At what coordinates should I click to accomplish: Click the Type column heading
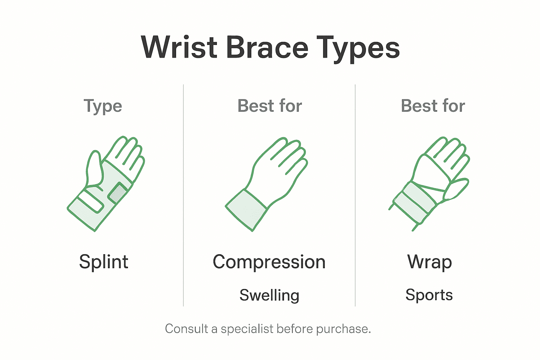pyautogui.click(x=103, y=106)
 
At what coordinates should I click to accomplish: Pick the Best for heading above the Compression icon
pyautogui.click(x=270, y=106)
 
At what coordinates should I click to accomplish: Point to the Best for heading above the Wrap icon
pyautogui.click(x=433, y=106)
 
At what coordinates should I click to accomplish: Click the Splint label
pyautogui.click(x=104, y=262)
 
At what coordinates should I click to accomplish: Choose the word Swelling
pyautogui.click(x=269, y=295)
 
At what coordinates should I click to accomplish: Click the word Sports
pyautogui.click(x=429, y=295)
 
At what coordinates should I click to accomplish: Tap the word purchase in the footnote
pyautogui.click(x=343, y=329)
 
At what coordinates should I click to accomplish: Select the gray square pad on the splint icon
pyautogui.click(x=119, y=193)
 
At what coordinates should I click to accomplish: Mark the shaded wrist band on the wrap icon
pyautogui.click(x=415, y=202)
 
